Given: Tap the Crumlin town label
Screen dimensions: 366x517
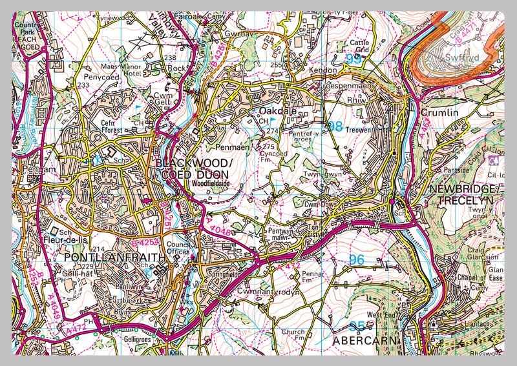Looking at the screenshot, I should point(439,112).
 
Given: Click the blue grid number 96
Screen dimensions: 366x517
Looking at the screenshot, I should point(356,259).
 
